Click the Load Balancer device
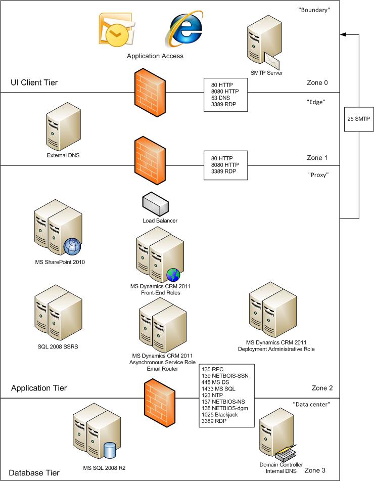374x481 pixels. [x=159, y=203]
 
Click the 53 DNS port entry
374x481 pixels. [x=220, y=99]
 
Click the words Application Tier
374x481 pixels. [x=39, y=388]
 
